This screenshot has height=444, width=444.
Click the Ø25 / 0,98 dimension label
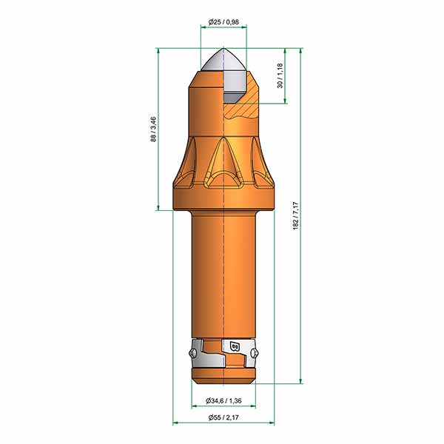223,21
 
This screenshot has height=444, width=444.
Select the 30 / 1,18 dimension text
280,75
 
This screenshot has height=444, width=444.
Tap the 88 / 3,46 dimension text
153,129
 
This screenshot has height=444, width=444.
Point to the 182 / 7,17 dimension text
295,216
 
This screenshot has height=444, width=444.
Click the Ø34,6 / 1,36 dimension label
223,400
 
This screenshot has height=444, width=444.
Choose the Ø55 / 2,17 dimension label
223,417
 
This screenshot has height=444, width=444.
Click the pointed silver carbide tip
223,60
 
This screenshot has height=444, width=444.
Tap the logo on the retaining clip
235,346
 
